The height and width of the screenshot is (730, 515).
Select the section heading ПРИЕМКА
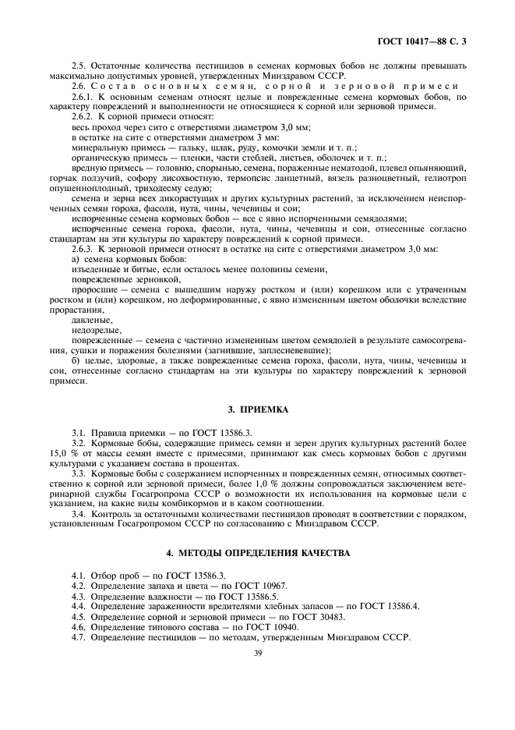(x=257, y=408)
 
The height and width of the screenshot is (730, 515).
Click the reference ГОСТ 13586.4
(x=386, y=606)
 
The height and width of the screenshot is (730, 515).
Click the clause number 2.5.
(x=78, y=63)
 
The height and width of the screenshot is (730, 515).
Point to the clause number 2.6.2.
(x=83, y=115)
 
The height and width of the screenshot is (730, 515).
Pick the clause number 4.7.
(x=78, y=636)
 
